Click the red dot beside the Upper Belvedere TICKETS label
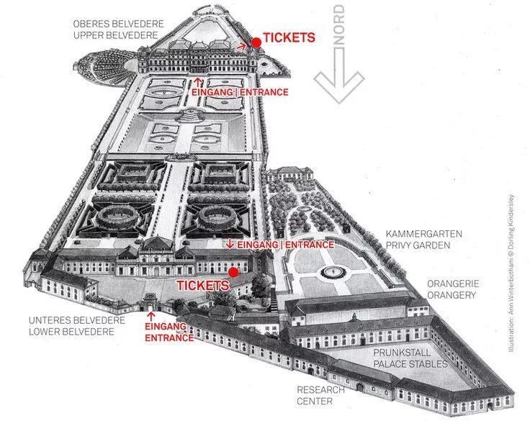point(256,43)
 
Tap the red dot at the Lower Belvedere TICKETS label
point(233,273)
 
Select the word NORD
point(339,27)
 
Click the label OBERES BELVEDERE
point(119,24)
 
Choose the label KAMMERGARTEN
point(423,235)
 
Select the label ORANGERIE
point(452,284)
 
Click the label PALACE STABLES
point(410,364)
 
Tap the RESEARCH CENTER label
point(321,395)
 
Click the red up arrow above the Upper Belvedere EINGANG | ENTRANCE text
point(198,81)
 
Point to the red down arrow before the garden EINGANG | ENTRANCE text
point(230,244)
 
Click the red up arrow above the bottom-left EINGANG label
point(151,315)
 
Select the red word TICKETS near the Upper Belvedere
point(289,38)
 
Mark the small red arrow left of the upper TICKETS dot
point(243,45)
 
